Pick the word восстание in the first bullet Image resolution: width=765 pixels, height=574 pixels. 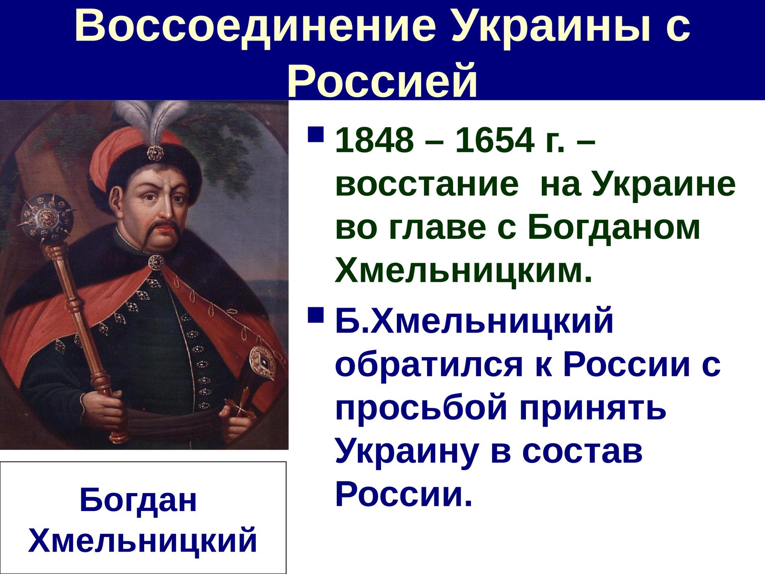(x=427, y=186)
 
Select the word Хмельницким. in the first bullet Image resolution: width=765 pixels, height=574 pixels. (x=463, y=272)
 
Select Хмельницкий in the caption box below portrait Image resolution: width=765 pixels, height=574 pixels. (x=143, y=541)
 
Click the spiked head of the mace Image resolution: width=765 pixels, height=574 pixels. (x=46, y=218)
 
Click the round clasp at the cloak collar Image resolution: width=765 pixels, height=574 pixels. (x=156, y=262)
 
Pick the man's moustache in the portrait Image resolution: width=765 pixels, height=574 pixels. (x=161, y=230)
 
